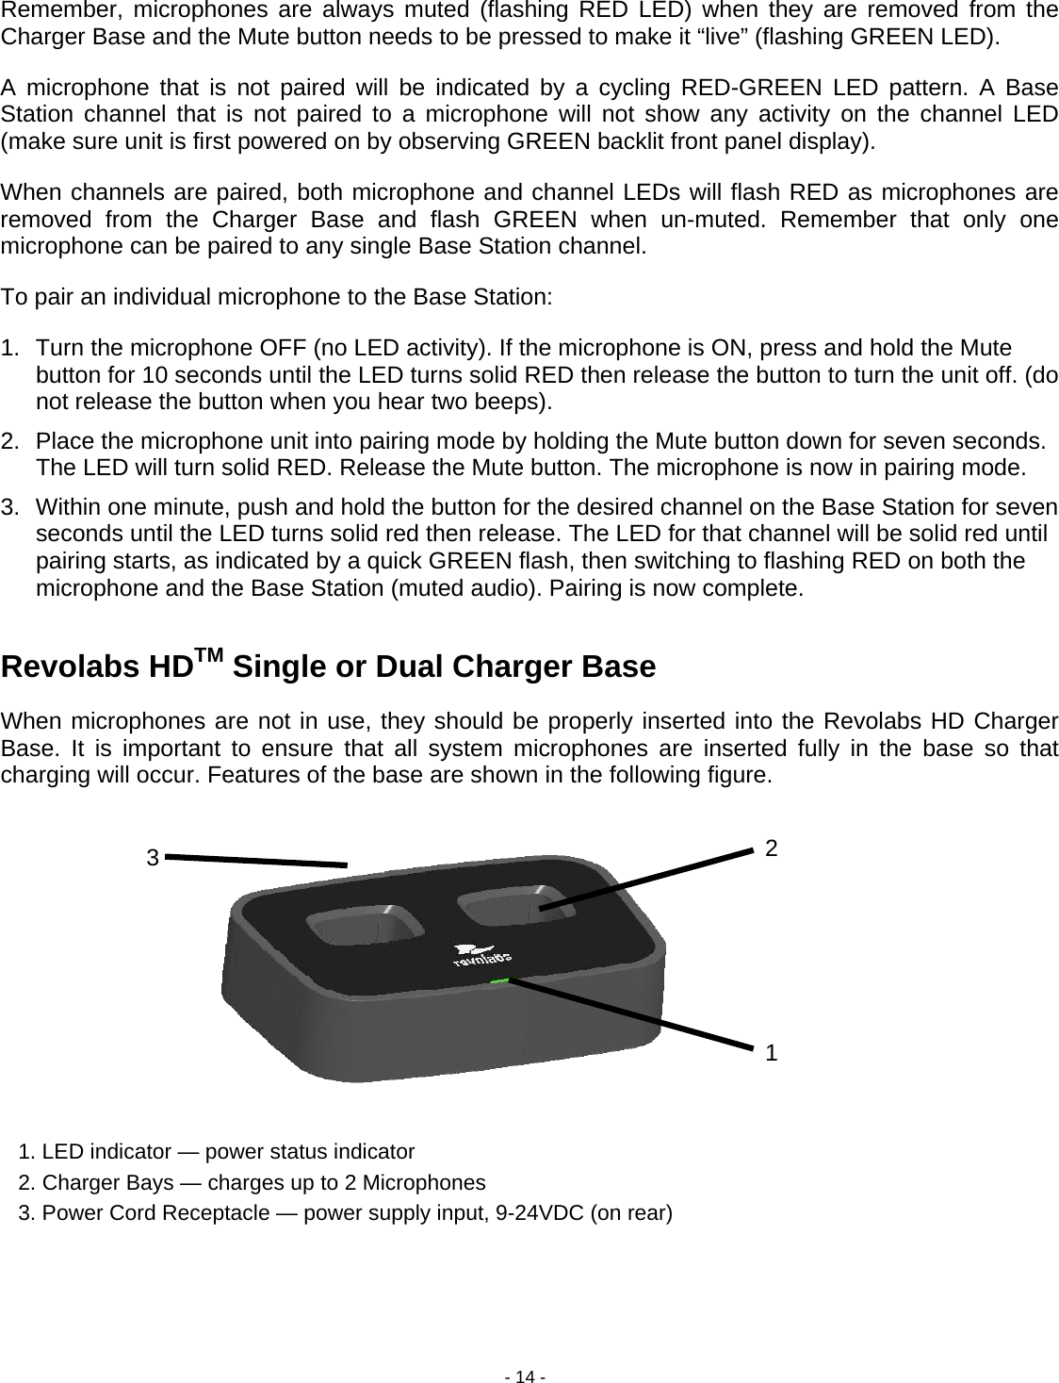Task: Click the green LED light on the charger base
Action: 499,981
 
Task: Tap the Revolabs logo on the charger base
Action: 481,957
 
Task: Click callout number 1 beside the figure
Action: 772,1053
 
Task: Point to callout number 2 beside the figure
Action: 772,848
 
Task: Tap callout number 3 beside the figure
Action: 152,858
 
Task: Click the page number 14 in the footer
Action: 529,1376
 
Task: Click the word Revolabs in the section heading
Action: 72,667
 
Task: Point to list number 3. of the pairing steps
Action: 13,506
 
